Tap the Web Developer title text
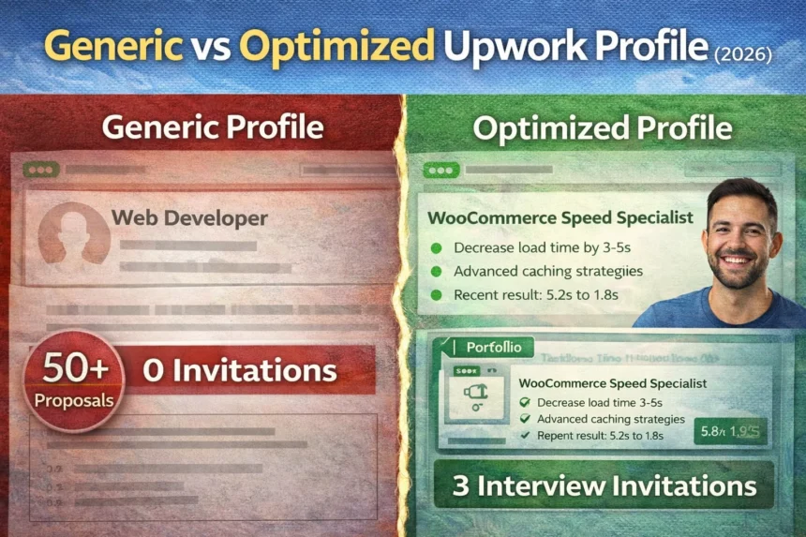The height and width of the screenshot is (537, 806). coord(189,219)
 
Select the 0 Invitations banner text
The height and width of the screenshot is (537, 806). coord(240,370)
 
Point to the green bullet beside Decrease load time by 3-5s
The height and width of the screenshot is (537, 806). coord(435,248)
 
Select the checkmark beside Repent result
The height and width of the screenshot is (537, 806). coord(525,436)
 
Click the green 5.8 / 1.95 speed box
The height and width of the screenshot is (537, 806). coord(729,431)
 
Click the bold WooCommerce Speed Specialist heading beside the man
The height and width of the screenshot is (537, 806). coord(560,218)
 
